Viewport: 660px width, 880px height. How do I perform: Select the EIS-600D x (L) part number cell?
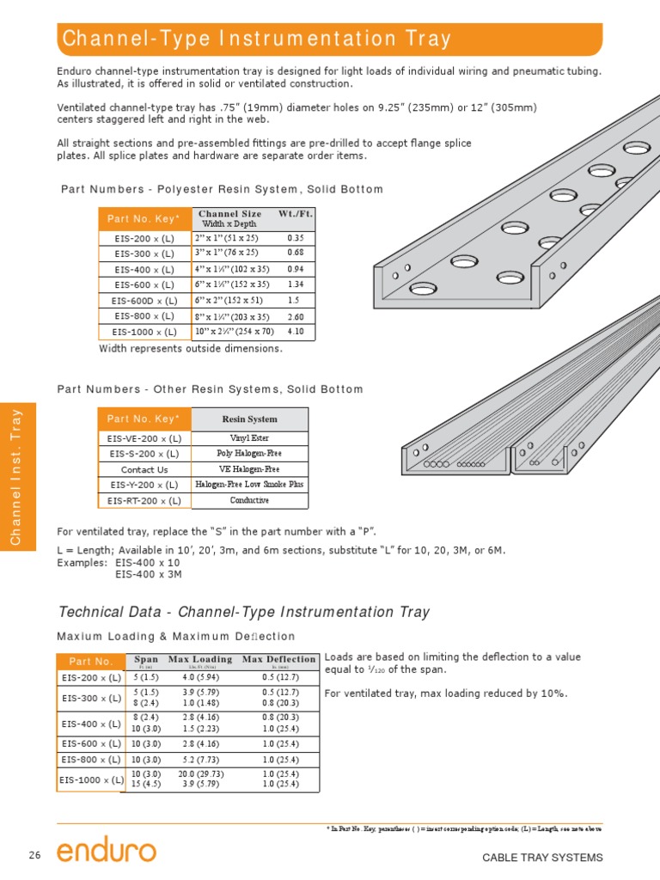[x=144, y=301]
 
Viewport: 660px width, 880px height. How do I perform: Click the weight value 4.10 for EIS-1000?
[x=296, y=331]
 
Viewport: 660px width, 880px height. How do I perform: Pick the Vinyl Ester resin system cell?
[x=249, y=437]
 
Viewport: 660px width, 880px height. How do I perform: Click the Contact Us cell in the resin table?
[x=144, y=470]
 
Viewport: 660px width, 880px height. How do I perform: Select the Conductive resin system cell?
[x=249, y=500]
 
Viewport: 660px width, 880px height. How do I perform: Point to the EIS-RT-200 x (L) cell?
[x=144, y=500]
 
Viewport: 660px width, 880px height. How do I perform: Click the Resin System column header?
[x=249, y=419]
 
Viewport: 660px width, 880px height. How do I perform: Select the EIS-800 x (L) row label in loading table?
[x=90, y=760]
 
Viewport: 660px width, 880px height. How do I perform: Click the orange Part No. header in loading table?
[x=91, y=662]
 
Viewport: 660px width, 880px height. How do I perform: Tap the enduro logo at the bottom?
[x=107, y=852]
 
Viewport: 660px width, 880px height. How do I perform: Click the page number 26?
[x=34, y=855]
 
